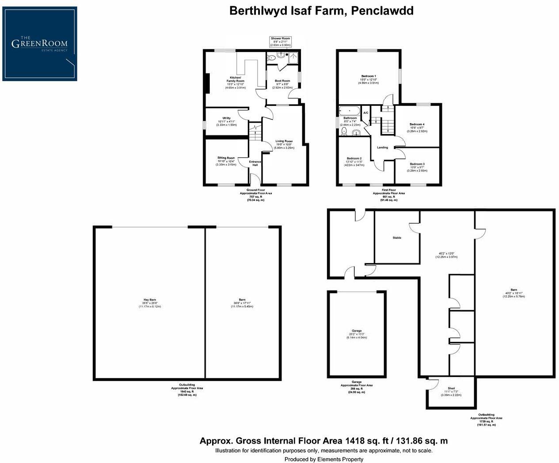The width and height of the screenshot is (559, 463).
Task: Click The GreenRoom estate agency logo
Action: point(40,44)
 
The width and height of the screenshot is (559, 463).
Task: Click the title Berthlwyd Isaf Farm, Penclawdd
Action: point(321,11)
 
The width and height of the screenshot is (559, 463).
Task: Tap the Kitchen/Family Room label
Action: point(234,79)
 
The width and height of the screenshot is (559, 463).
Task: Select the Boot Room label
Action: point(282,81)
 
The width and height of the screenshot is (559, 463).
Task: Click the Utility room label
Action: point(226,118)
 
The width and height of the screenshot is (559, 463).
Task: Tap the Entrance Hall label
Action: point(255,163)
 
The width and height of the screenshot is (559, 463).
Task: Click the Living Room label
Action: point(284,141)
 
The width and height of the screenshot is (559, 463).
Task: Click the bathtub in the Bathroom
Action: point(350,110)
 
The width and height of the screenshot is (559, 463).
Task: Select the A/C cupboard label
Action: point(365,113)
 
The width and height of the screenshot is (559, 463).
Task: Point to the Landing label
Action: point(382,147)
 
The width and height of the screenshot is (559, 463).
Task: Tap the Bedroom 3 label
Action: point(417,164)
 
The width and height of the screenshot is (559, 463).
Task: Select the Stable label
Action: point(397,238)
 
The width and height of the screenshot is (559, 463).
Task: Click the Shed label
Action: point(451,388)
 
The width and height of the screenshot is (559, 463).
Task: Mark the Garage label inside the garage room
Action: point(357,331)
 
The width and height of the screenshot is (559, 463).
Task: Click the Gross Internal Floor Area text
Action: point(323,440)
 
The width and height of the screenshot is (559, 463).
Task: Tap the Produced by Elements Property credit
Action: point(323,459)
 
